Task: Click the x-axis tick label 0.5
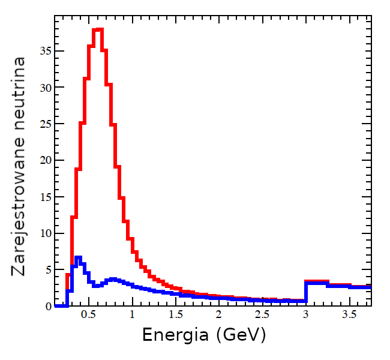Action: click(88, 315)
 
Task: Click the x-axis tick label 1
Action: click(131, 315)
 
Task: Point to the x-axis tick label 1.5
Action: click(175, 315)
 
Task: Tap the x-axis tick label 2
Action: click(219, 315)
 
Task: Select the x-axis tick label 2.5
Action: click(262, 315)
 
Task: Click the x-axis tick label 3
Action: click(306, 315)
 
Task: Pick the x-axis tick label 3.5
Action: click(349, 315)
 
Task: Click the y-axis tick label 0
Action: click(49, 306)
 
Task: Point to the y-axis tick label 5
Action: click(49, 269)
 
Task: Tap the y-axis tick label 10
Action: click(46, 233)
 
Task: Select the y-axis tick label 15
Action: click(46, 197)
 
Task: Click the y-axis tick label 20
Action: click(46, 160)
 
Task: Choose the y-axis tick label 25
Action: click(46, 124)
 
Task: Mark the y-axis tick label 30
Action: click(46, 88)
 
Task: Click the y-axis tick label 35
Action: click(46, 51)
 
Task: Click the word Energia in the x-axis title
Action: click(175, 335)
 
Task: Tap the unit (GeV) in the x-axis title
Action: click(239, 335)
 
